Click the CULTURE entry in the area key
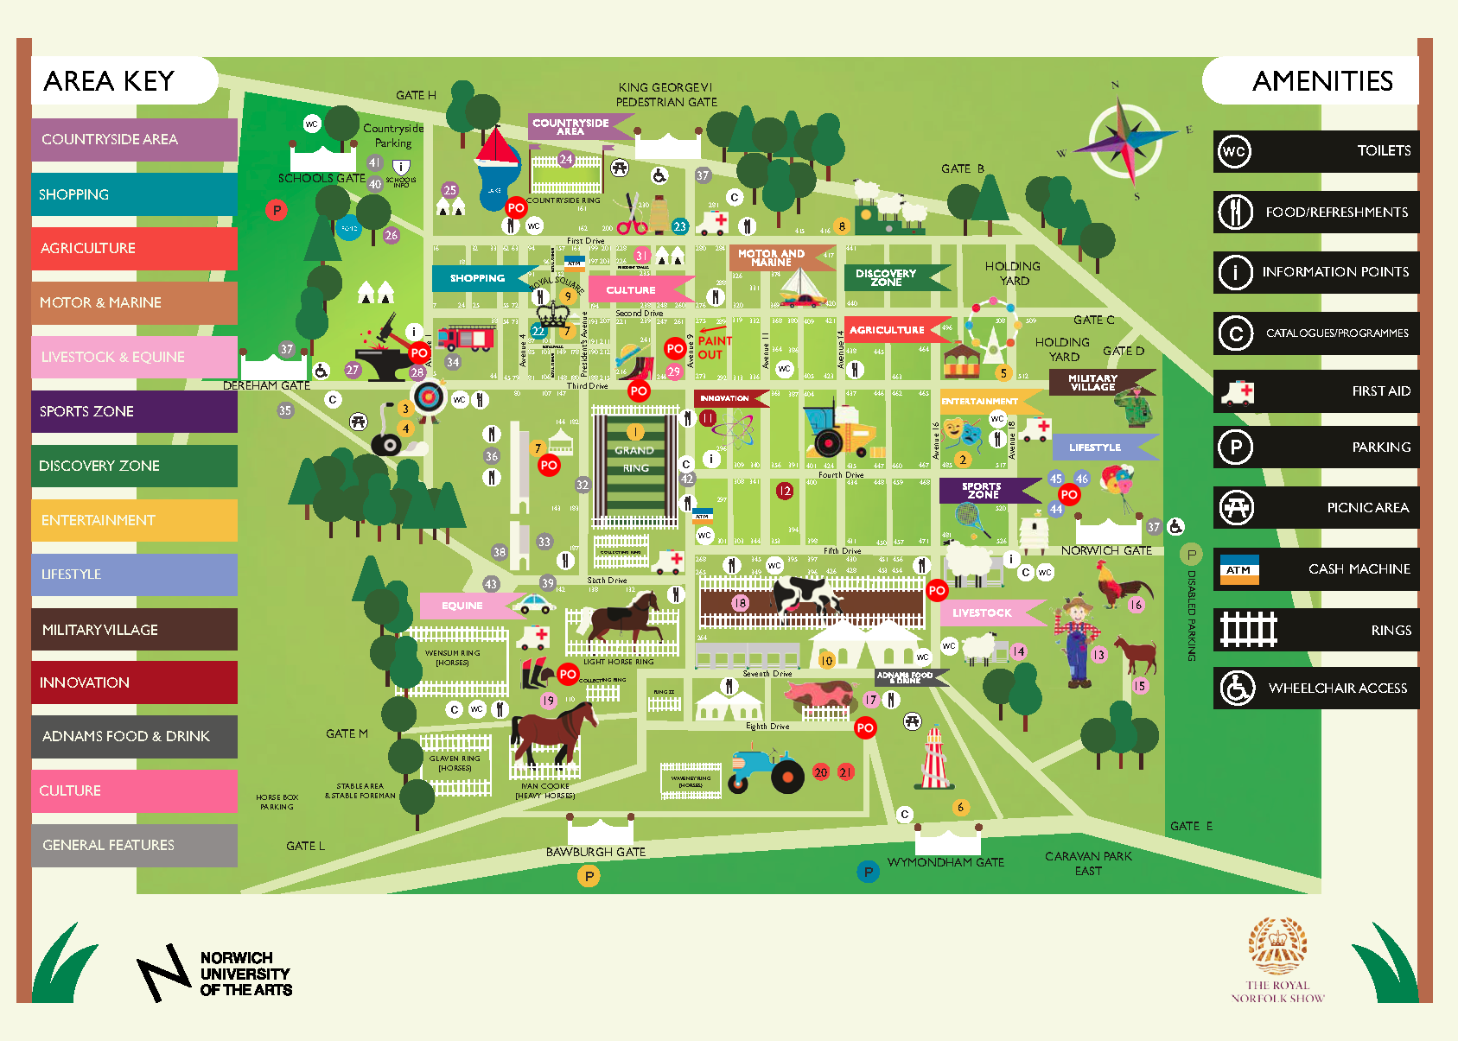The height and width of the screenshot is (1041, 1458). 134,790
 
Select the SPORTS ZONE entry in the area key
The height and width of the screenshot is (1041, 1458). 134,411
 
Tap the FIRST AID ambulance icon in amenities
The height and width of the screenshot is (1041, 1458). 1237,391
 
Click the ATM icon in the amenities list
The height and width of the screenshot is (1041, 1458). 1238,569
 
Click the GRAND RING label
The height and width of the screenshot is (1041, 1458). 635,459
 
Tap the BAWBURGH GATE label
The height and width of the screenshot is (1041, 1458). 595,852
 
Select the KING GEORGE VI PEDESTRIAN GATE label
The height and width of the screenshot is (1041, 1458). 665,94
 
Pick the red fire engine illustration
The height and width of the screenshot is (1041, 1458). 466,338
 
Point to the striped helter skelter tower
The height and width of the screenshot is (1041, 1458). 934,759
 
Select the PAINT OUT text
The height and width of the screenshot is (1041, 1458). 714,347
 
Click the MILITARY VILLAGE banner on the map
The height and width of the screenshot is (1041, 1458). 1094,382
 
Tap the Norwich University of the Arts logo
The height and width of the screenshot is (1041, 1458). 216,974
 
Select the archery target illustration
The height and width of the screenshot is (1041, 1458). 430,397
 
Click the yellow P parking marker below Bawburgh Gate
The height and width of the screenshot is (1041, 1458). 589,876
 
